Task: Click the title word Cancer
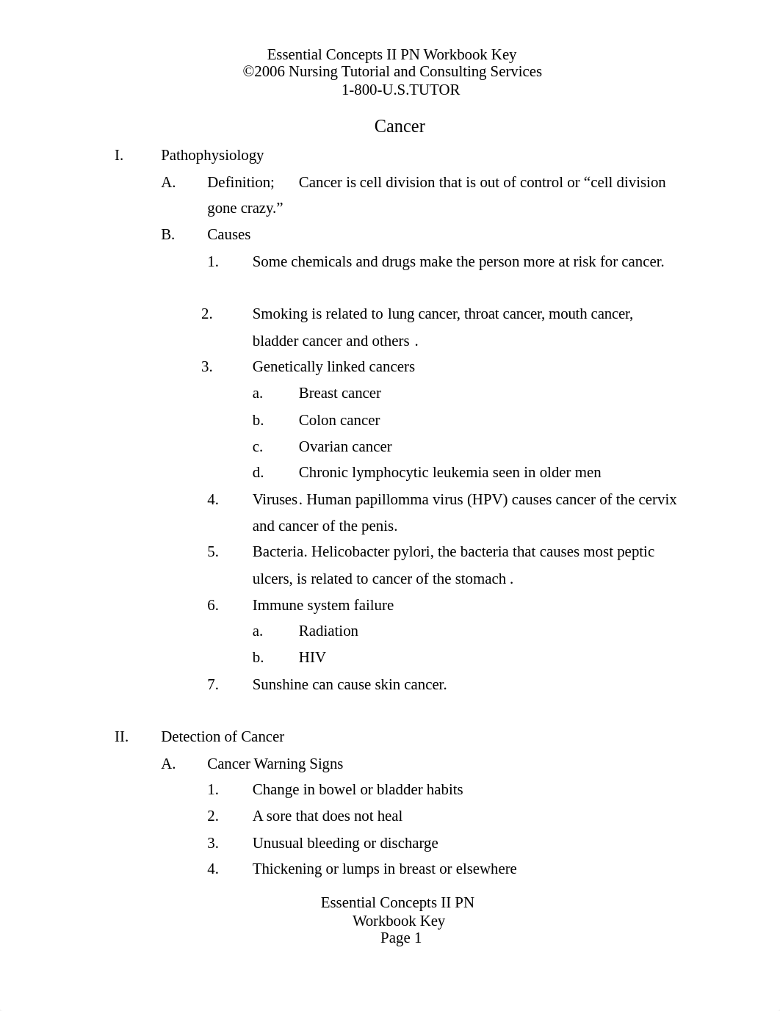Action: [x=400, y=126]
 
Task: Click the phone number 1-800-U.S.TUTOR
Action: [x=400, y=90]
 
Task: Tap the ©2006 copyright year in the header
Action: [x=264, y=72]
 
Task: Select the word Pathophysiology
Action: [x=212, y=155]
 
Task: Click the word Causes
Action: [x=228, y=234]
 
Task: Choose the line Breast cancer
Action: [x=339, y=393]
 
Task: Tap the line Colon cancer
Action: [x=339, y=420]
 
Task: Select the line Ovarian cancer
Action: [x=345, y=446]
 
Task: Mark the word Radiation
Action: [x=328, y=631]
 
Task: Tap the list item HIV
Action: [x=312, y=657]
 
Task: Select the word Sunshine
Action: [x=281, y=684]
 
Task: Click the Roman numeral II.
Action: [x=121, y=736]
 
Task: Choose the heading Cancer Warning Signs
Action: [x=275, y=764]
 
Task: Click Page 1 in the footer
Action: [x=401, y=938]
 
